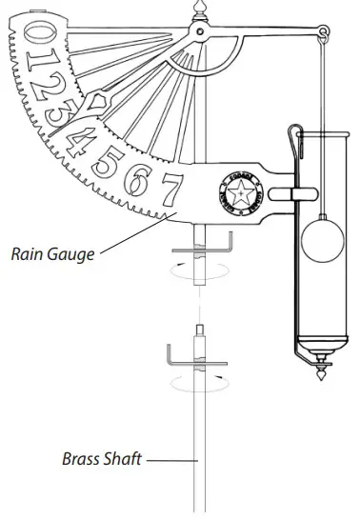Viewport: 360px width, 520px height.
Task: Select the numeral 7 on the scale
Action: pos(170,190)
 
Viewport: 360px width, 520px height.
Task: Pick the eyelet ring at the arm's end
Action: pos(324,35)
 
